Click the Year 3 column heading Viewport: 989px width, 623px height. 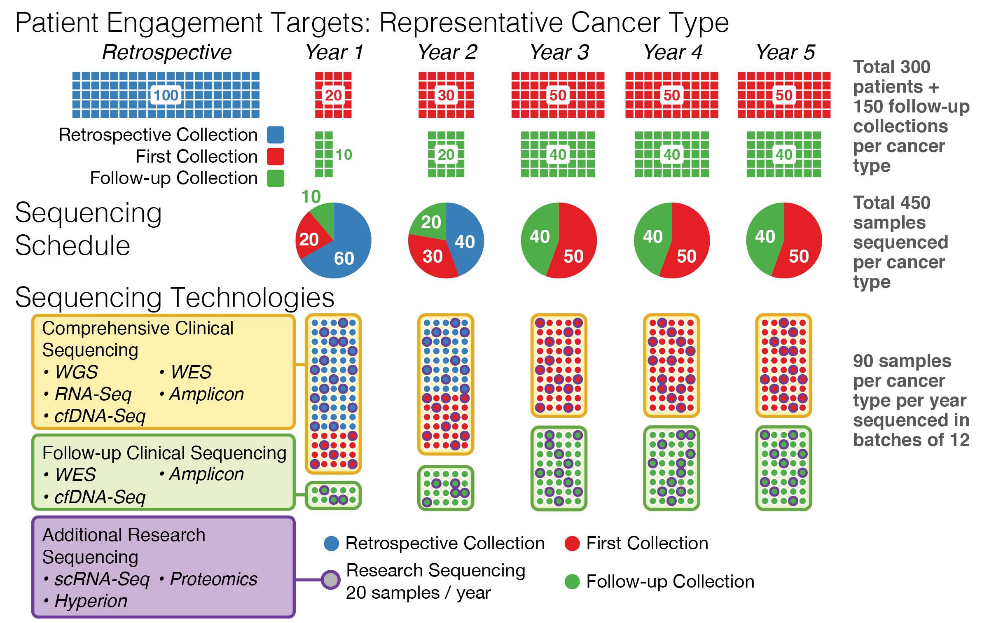tap(559, 52)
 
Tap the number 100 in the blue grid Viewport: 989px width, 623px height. tap(166, 96)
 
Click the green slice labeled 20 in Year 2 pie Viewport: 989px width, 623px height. tap(431, 222)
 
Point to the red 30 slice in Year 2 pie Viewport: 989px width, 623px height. tap(433, 257)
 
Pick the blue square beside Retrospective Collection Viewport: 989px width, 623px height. tap(275, 135)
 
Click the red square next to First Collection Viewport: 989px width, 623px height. tap(275, 156)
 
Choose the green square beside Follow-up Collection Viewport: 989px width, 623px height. tap(275, 178)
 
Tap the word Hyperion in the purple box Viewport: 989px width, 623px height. tap(91, 601)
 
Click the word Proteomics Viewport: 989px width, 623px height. tap(213, 579)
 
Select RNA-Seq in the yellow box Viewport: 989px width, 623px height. tap(93, 394)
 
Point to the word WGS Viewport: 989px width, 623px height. tap(76, 372)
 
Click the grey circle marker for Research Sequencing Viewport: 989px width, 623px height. tap(330, 580)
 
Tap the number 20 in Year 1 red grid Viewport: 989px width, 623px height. tap(333, 96)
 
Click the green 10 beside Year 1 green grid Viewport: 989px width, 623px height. tap(344, 155)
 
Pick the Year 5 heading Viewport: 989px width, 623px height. tap(785, 52)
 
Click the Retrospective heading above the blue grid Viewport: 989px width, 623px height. tap(167, 52)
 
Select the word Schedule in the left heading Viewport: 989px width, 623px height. tap(72, 246)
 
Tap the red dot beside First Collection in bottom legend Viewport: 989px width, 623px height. tap(572, 544)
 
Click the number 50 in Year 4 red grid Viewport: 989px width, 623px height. tap(671, 96)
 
